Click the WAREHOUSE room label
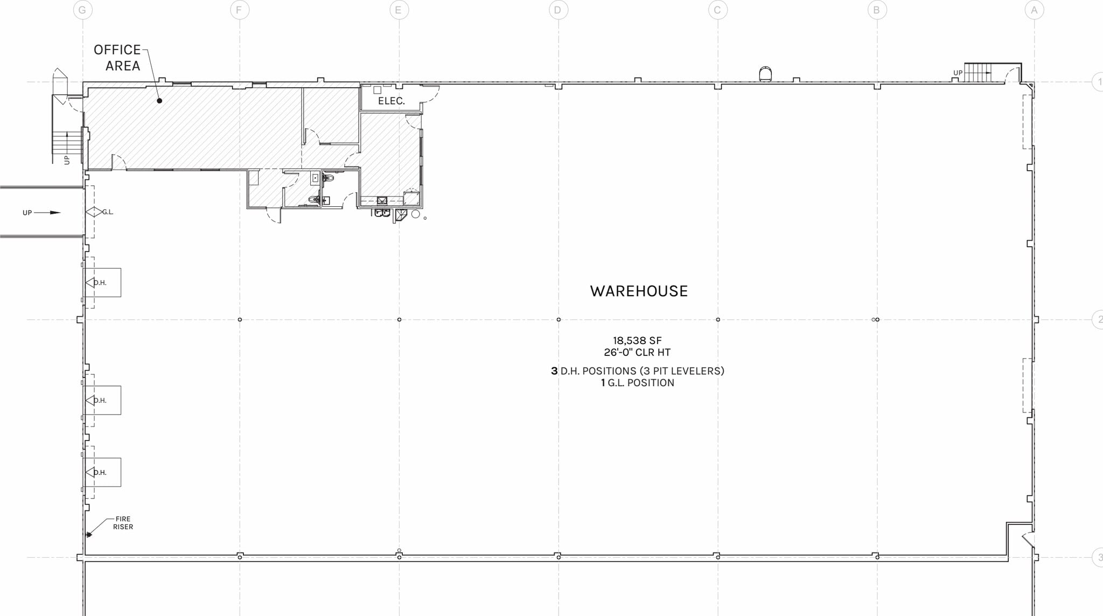[x=639, y=291]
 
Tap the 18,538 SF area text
[x=637, y=340]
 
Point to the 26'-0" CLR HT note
[x=637, y=353]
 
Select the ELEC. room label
[x=391, y=101]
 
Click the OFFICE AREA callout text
[x=117, y=58]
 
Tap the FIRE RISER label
[x=123, y=523]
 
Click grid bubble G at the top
[x=82, y=10]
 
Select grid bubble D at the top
[x=558, y=10]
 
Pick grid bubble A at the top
[x=1034, y=10]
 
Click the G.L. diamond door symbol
[x=94, y=212]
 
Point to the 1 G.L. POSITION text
[x=638, y=383]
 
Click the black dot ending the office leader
[x=159, y=101]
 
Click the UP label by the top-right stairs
[x=958, y=73]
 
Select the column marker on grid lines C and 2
[x=717, y=320]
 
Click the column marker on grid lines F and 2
[x=240, y=320]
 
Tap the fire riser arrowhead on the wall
[x=89, y=534]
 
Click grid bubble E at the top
[x=399, y=10]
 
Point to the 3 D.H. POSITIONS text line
[x=638, y=371]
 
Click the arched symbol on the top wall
[x=765, y=74]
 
